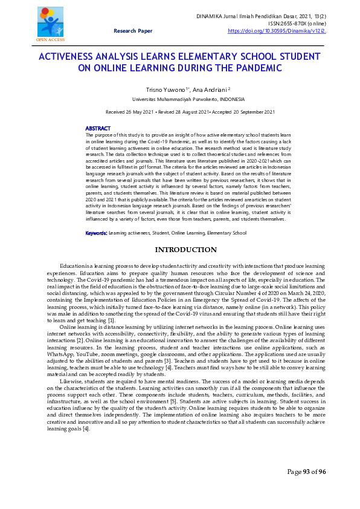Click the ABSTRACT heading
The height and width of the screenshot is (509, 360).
click(x=98, y=128)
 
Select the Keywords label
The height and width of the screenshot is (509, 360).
click(x=97, y=216)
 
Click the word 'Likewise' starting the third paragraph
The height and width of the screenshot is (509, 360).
click(x=72, y=382)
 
